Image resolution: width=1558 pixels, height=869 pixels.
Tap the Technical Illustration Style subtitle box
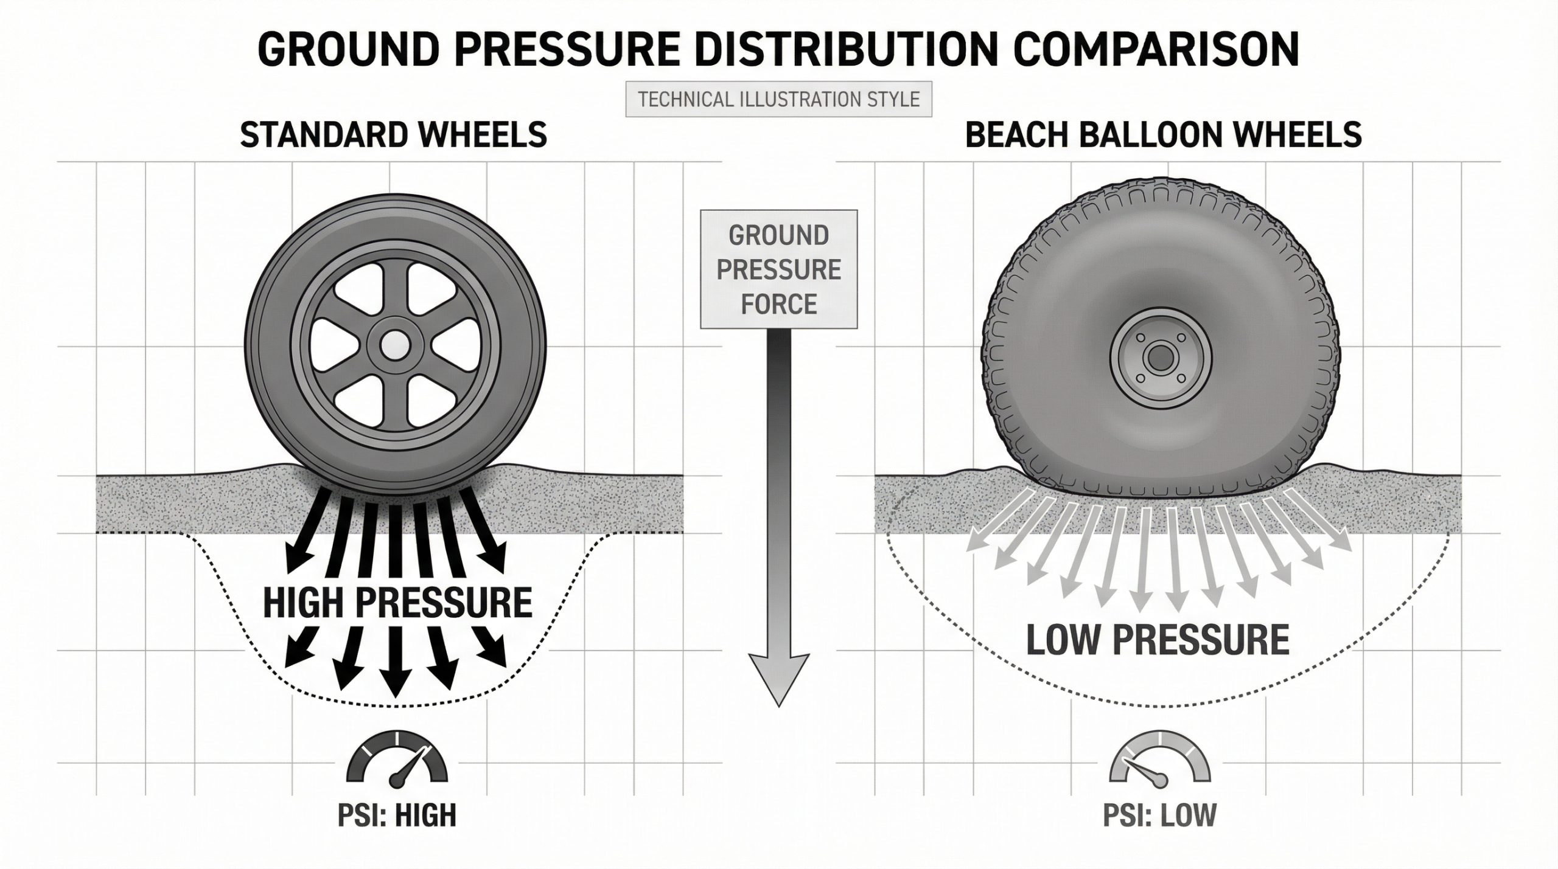[x=779, y=100]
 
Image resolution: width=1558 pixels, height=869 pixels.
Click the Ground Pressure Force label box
[x=779, y=269]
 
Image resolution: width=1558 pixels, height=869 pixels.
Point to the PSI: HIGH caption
[x=396, y=815]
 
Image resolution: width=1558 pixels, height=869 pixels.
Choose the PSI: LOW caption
[x=1160, y=815]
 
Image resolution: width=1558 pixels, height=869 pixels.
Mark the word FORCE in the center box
[x=779, y=303]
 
